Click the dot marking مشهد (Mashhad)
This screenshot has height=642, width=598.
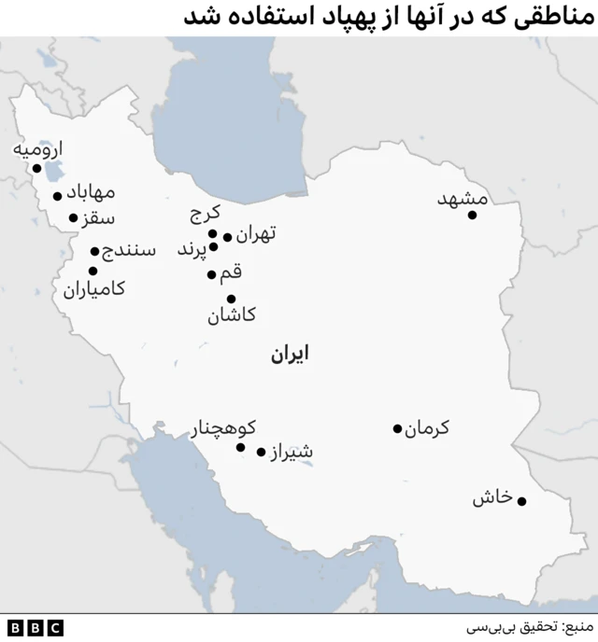tap(472, 216)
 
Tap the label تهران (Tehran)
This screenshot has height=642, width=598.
tap(256, 235)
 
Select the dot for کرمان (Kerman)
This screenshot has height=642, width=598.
tap(397, 429)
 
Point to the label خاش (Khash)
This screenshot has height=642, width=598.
tap(492, 498)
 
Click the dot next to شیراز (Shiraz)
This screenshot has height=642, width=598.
tap(262, 452)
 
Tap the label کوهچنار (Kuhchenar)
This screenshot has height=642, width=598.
tap(223, 429)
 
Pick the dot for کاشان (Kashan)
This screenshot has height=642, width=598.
tap(231, 300)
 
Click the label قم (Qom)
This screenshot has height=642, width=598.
tap(231, 273)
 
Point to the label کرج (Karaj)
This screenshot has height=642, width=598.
tap(205, 215)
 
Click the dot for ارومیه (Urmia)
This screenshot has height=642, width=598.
tap(36, 169)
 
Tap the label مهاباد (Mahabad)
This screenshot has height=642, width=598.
tap(91, 193)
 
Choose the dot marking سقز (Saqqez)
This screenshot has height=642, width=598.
tap(74, 218)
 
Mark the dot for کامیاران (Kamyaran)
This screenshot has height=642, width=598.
tap(93, 271)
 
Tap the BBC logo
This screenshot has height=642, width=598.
tap(35, 627)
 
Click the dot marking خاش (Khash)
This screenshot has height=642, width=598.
tap(521, 501)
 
